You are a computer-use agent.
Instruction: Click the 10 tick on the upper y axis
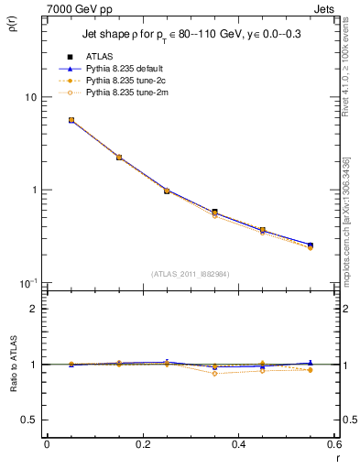click(x=29, y=97)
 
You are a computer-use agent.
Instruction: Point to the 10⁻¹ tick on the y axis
click(x=27, y=282)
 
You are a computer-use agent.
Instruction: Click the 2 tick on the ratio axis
click(x=33, y=309)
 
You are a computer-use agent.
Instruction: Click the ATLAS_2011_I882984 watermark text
click(x=190, y=273)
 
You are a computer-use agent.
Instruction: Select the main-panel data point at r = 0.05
click(x=71, y=120)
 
